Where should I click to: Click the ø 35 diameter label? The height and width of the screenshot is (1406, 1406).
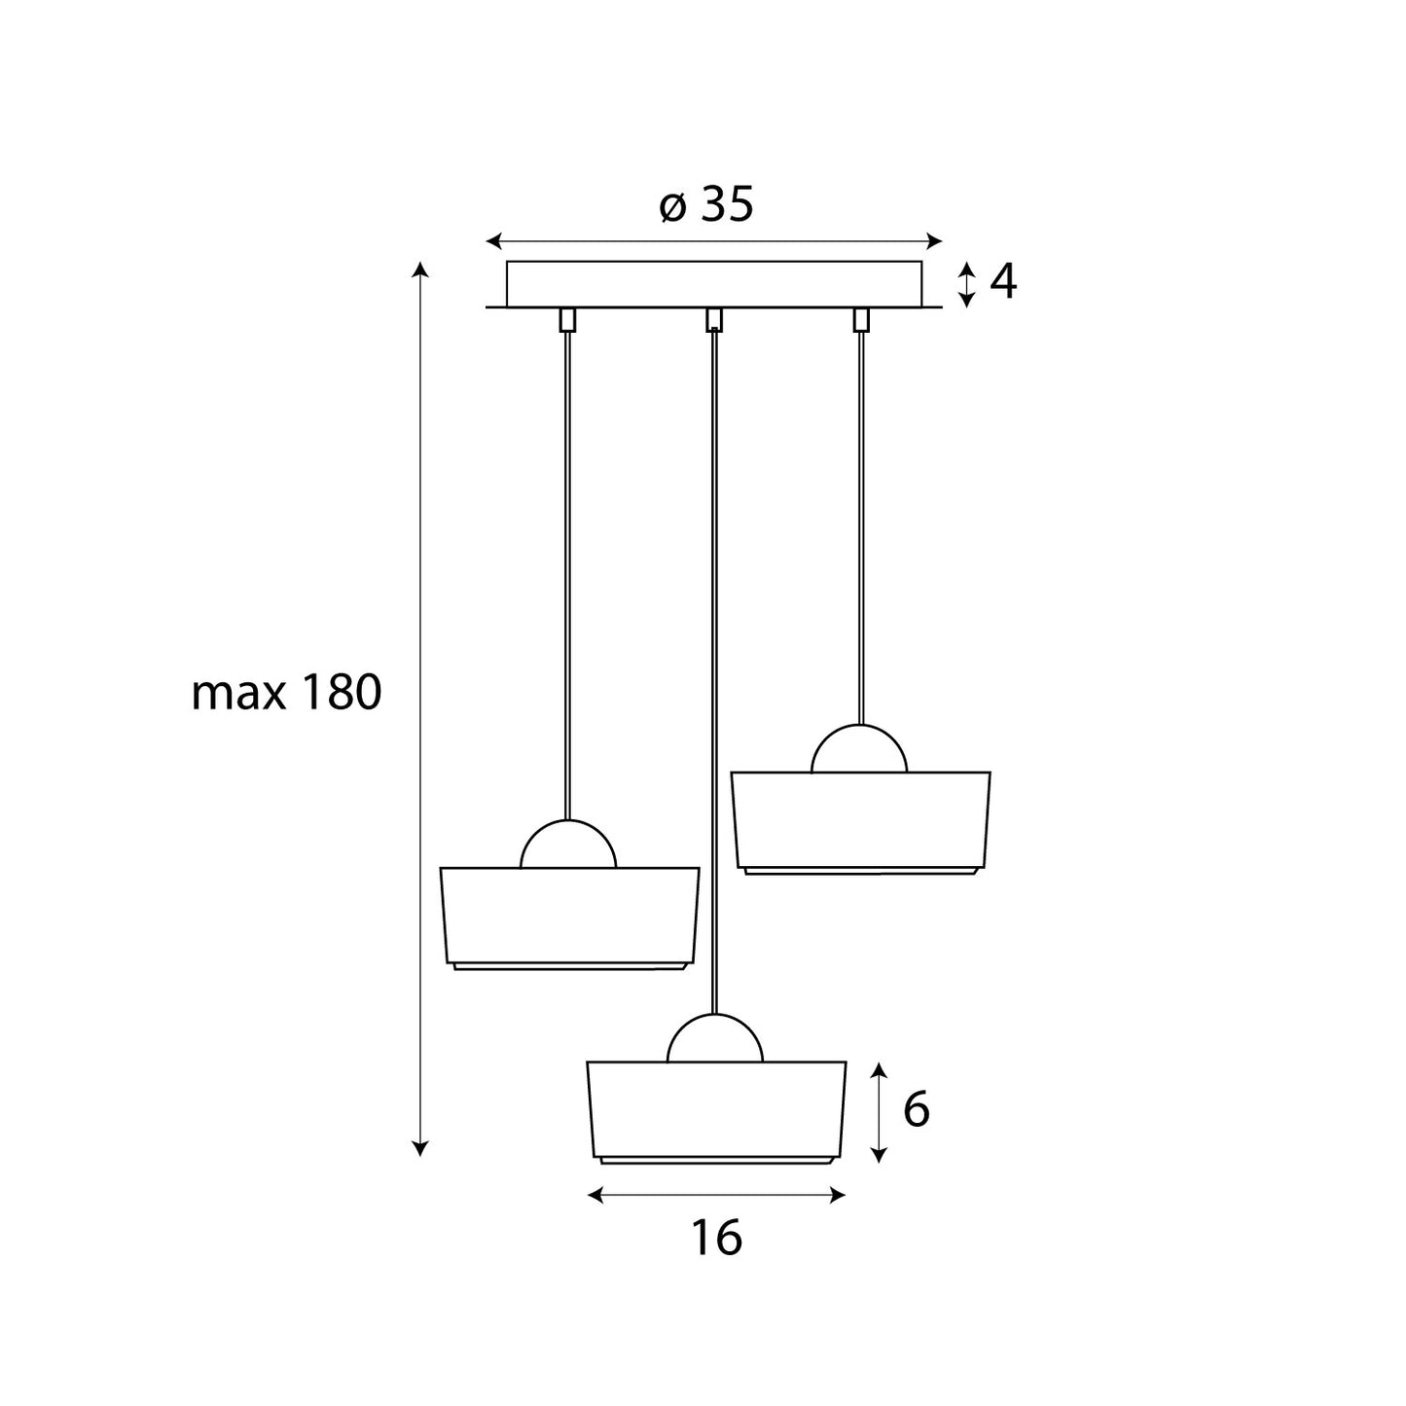[706, 205]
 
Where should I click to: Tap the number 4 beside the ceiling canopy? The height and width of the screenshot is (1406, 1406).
[1003, 282]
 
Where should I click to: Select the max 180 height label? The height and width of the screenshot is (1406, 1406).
[286, 694]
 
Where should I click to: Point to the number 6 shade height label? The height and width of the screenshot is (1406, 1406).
[916, 1109]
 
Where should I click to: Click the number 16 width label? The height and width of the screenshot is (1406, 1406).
[717, 1238]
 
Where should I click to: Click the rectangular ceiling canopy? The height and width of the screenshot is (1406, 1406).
[714, 284]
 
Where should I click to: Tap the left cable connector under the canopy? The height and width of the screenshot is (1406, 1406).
[566, 319]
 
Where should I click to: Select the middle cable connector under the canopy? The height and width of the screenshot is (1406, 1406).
[714, 319]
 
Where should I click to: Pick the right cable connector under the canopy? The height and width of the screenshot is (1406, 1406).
[860, 319]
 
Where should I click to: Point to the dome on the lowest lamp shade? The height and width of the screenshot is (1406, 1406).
[714, 1040]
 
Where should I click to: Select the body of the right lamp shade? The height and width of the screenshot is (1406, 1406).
[860, 819]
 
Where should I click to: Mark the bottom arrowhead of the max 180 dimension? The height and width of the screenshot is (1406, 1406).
[419, 1150]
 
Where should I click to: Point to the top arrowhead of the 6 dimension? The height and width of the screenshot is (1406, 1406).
[879, 1069]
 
